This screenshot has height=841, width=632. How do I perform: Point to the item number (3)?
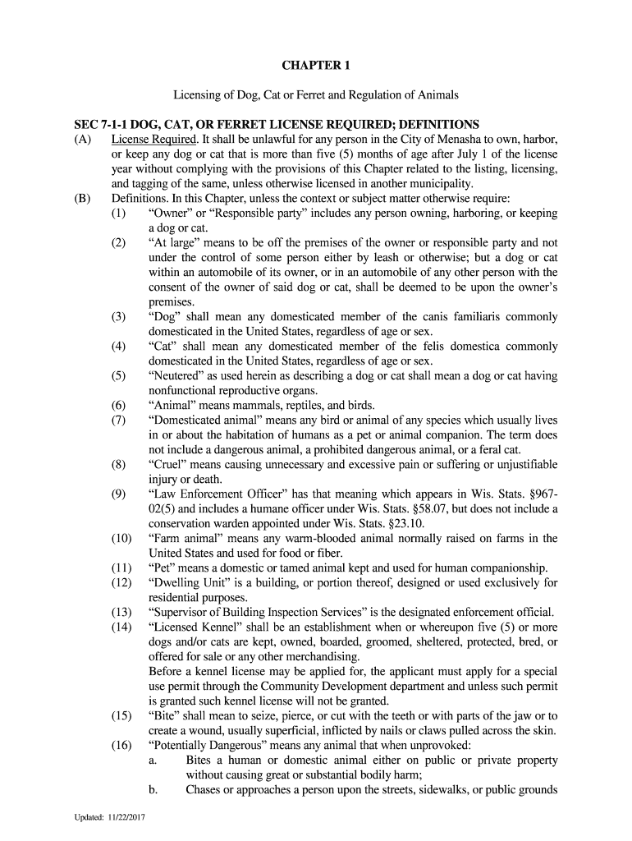(x=121, y=316)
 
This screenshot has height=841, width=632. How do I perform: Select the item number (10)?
(x=121, y=538)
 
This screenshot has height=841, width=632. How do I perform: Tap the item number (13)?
(x=121, y=612)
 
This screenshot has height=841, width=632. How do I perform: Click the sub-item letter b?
(x=153, y=789)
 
